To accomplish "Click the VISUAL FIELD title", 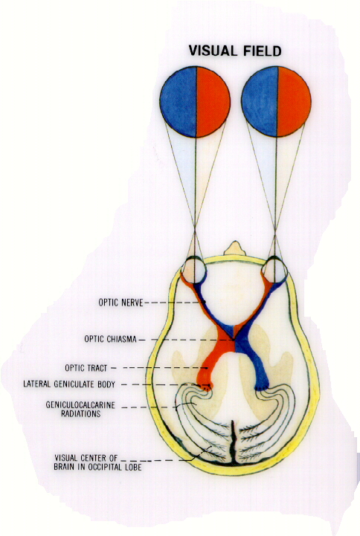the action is (235, 51).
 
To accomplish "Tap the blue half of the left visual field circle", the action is (179, 102).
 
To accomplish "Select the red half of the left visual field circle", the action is (213, 102).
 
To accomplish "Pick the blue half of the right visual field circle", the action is (260, 102).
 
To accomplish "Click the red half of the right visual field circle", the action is (294, 102).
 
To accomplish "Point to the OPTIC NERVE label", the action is (120, 303).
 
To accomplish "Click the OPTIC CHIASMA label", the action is (110, 339).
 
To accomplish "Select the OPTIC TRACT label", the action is (86, 368).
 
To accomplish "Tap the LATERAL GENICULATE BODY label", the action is (69, 384).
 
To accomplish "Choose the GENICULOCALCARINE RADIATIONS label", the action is (80, 410).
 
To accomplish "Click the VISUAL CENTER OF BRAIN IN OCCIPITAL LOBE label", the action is (97, 462).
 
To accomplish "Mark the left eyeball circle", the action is (193, 270).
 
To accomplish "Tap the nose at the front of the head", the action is (234, 248).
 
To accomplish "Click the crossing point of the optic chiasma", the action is (234, 339).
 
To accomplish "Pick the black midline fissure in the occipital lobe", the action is (233, 442).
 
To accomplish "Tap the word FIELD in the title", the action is (263, 51).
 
